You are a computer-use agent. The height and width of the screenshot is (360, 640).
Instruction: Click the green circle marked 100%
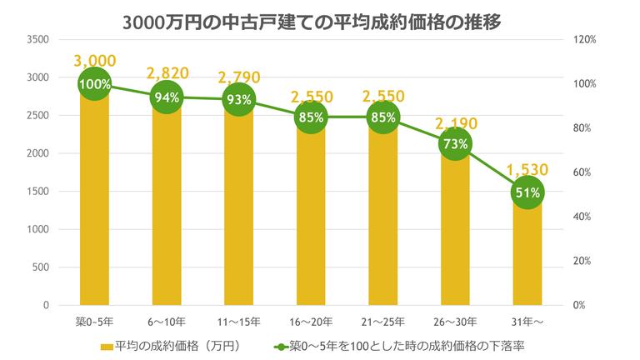coord(95,84)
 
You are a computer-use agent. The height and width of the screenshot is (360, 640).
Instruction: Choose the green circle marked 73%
coord(454,144)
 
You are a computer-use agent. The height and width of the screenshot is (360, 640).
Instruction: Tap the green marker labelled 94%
coord(167,97)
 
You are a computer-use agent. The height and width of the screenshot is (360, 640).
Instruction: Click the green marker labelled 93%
coord(238,99)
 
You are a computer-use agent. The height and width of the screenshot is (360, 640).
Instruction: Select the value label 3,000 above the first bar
coord(95,61)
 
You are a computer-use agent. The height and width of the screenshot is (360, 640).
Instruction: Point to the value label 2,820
coord(167,74)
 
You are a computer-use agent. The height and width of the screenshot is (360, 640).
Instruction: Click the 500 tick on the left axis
coord(41,267)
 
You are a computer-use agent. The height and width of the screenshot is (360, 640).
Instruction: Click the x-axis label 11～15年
coord(238,321)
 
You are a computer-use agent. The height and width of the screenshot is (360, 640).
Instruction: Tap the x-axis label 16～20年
coord(310,321)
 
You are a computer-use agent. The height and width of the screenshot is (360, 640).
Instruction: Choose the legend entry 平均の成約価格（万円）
coord(171,344)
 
